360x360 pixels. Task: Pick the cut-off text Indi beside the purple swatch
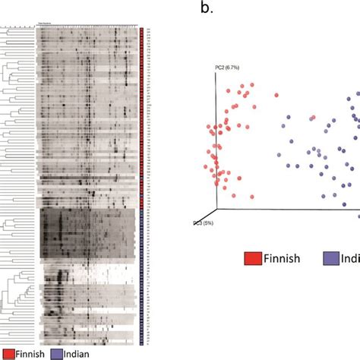[352, 258]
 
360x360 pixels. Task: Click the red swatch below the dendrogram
[10, 352]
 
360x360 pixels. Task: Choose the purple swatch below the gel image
[58, 352]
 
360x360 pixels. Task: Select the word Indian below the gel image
[79, 352]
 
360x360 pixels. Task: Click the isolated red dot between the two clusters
[276, 96]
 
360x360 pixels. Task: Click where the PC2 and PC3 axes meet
[217, 210]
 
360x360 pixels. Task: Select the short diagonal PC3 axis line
[210, 216]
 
